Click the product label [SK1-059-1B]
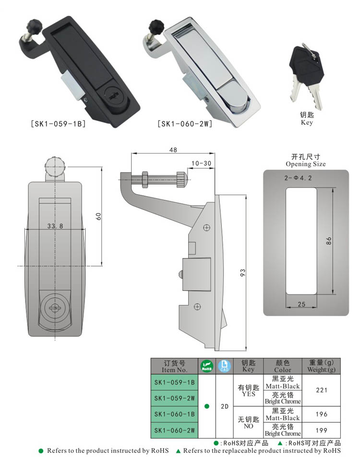58,124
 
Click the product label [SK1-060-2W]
185,124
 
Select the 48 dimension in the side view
173,150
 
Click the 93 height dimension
243,272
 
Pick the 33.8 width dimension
55,225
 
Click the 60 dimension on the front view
98,216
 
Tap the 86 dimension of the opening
329,241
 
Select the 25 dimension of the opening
301,304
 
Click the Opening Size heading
305,164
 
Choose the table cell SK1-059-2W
174,398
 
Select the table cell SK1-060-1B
174,414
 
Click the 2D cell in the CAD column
224,406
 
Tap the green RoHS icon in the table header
206,366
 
